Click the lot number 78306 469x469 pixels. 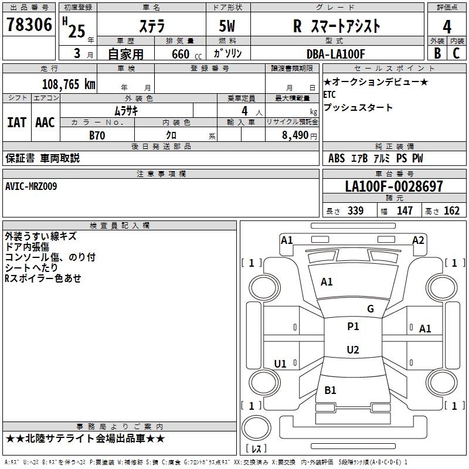click(x=29, y=25)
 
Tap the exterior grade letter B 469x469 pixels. click(x=437, y=53)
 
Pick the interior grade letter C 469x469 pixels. click(x=456, y=53)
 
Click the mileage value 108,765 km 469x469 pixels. click(x=69, y=84)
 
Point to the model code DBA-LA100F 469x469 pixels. click(x=336, y=53)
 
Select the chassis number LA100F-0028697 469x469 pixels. click(x=394, y=186)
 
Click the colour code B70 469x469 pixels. click(x=97, y=135)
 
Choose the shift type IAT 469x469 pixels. click(x=16, y=123)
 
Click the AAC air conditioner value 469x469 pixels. click(x=45, y=123)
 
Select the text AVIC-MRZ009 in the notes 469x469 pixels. click(x=31, y=186)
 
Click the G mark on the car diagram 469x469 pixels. click(x=370, y=309)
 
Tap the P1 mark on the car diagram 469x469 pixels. click(x=353, y=327)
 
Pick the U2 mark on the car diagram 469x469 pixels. click(x=353, y=350)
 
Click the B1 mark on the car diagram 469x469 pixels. click(x=330, y=390)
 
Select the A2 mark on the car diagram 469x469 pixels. click(x=418, y=240)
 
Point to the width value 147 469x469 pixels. click(x=405, y=211)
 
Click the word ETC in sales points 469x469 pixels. click(x=330, y=94)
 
